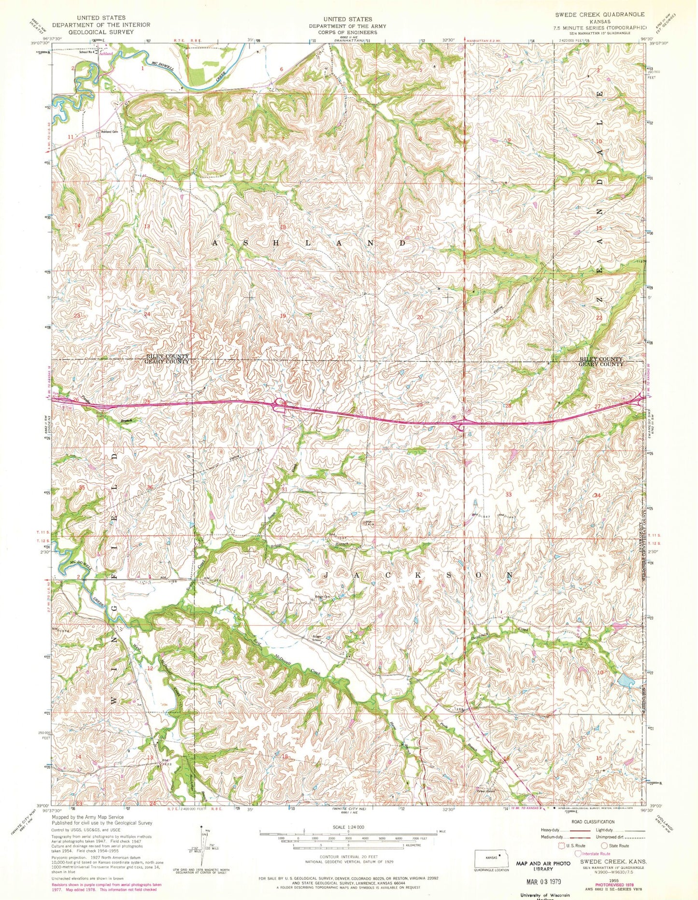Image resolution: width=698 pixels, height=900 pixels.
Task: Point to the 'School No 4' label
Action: pyautogui.click(x=85, y=52)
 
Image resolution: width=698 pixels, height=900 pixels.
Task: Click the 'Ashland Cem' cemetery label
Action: pyautogui.click(x=110, y=132)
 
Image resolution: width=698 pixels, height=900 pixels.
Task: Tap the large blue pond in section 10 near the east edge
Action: pyautogui.click(x=627, y=682)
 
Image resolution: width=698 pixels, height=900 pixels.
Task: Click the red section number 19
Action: pyautogui.click(x=284, y=315)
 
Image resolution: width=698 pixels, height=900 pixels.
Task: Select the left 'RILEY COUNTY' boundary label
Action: pyautogui.click(x=167, y=356)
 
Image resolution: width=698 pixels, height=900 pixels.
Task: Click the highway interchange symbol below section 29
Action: pyautogui.click(x=461, y=425)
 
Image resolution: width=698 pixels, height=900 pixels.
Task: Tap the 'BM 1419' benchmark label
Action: pyautogui.click(x=370, y=524)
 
